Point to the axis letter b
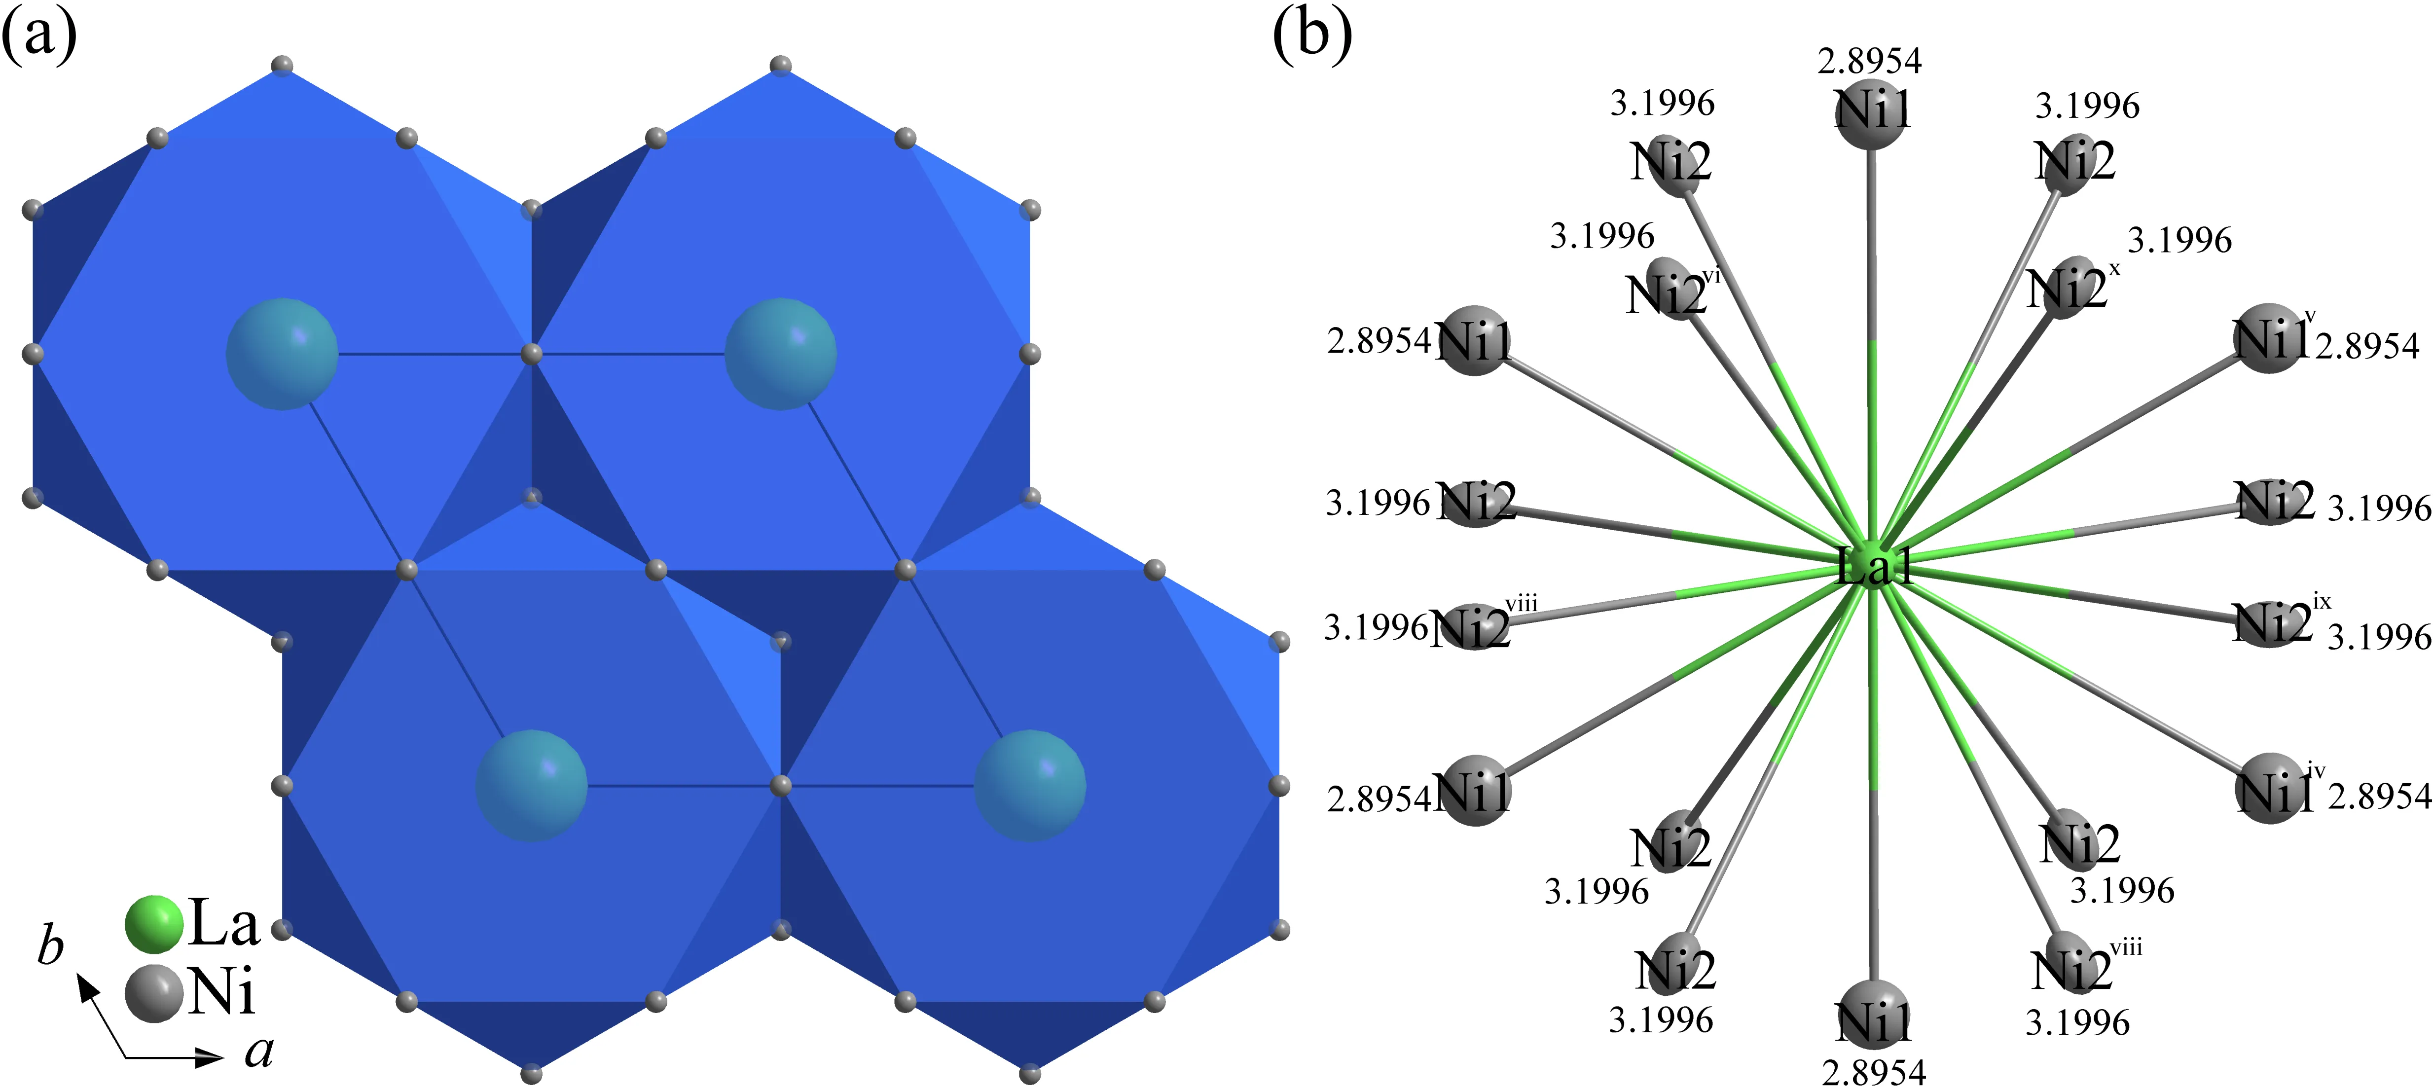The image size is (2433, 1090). [50, 945]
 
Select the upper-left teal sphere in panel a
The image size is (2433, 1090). [282, 354]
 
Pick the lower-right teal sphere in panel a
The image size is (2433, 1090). [1029, 785]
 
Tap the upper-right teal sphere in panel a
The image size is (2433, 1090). [780, 354]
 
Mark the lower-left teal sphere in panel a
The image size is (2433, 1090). [531, 785]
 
